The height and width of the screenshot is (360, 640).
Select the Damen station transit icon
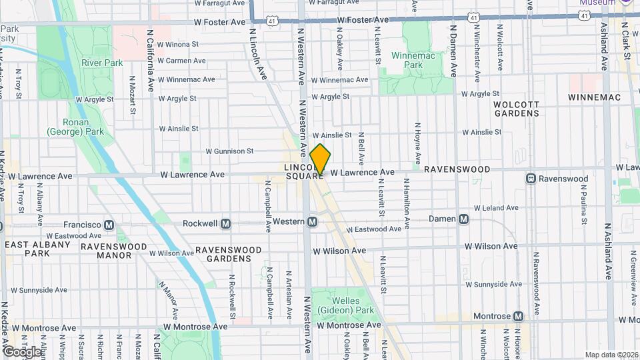463,219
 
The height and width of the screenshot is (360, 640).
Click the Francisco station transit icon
109,225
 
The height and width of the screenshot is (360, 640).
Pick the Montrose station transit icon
517,316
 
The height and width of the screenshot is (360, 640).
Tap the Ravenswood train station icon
531,179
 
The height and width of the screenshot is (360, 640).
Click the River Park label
102,63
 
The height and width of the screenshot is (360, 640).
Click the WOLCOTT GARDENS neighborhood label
516,109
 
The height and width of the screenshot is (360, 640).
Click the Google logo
22,351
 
